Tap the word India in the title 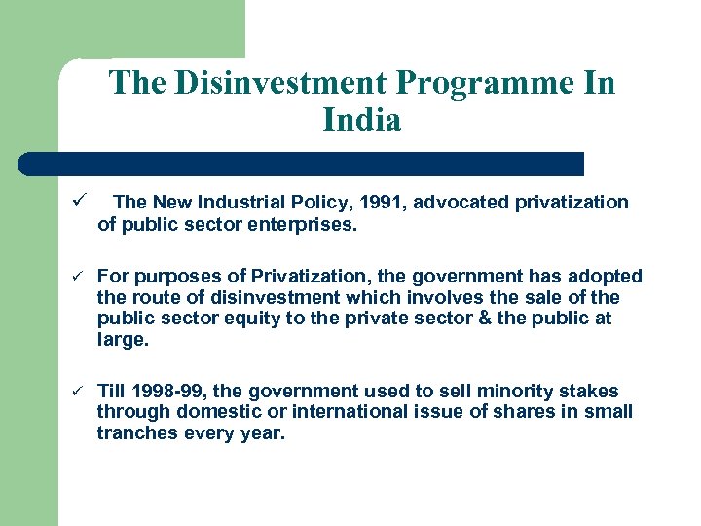click(x=361, y=120)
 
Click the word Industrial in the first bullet click(x=243, y=202)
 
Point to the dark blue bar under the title click(x=302, y=164)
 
